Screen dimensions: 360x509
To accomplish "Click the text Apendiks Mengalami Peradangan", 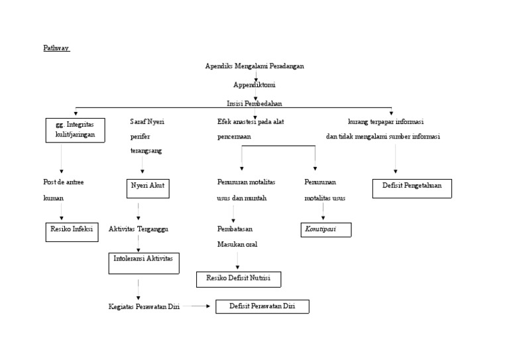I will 254,66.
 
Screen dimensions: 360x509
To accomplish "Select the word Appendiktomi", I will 254,85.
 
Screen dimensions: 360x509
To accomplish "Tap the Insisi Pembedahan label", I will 254,103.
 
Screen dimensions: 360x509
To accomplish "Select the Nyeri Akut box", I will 148,188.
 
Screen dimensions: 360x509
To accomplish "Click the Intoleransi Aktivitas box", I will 144,263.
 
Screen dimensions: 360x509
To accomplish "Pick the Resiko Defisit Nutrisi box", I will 239,279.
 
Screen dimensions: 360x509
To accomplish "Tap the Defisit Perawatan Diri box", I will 262,306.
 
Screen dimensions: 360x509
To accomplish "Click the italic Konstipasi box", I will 325,229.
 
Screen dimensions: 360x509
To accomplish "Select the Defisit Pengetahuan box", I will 412,188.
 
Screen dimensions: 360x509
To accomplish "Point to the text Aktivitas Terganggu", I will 139,229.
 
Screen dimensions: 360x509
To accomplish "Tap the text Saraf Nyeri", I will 146,121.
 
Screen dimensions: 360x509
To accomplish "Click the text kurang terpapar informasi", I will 386,122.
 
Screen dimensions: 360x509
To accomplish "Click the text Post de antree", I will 64,182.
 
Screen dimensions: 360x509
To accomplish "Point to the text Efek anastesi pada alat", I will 251,121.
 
